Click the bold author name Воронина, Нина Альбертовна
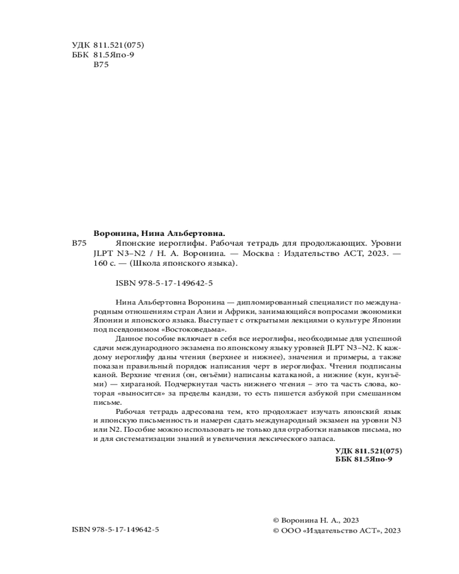click(159, 234)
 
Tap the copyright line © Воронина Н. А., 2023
click(316, 519)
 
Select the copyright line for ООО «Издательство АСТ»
click(337, 530)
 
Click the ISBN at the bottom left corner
click(116, 530)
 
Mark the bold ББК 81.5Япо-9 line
click(363, 460)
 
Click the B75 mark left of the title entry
click(79, 244)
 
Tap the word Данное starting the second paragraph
click(129, 339)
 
